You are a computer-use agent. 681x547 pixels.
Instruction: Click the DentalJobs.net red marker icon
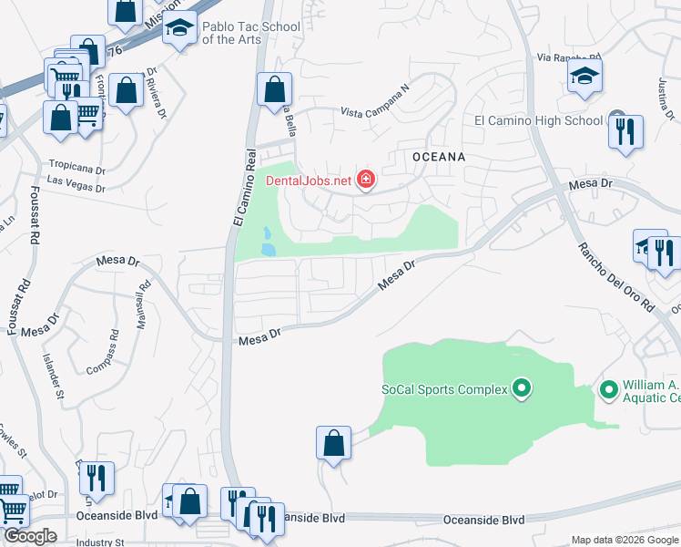(366, 180)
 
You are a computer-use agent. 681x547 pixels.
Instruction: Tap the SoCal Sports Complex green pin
(522, 389)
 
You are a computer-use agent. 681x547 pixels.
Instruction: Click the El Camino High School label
(538, 120)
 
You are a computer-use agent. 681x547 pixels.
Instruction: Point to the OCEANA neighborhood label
(439, 157)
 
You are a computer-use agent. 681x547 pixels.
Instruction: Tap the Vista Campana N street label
(376, 112)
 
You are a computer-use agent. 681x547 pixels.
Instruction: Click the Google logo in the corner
(30, 536)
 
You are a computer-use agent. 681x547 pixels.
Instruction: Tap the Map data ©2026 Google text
(625, 540)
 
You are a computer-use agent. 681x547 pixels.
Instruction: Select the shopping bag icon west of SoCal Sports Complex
(334, 443)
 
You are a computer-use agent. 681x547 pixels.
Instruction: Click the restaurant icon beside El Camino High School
(625, 130)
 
